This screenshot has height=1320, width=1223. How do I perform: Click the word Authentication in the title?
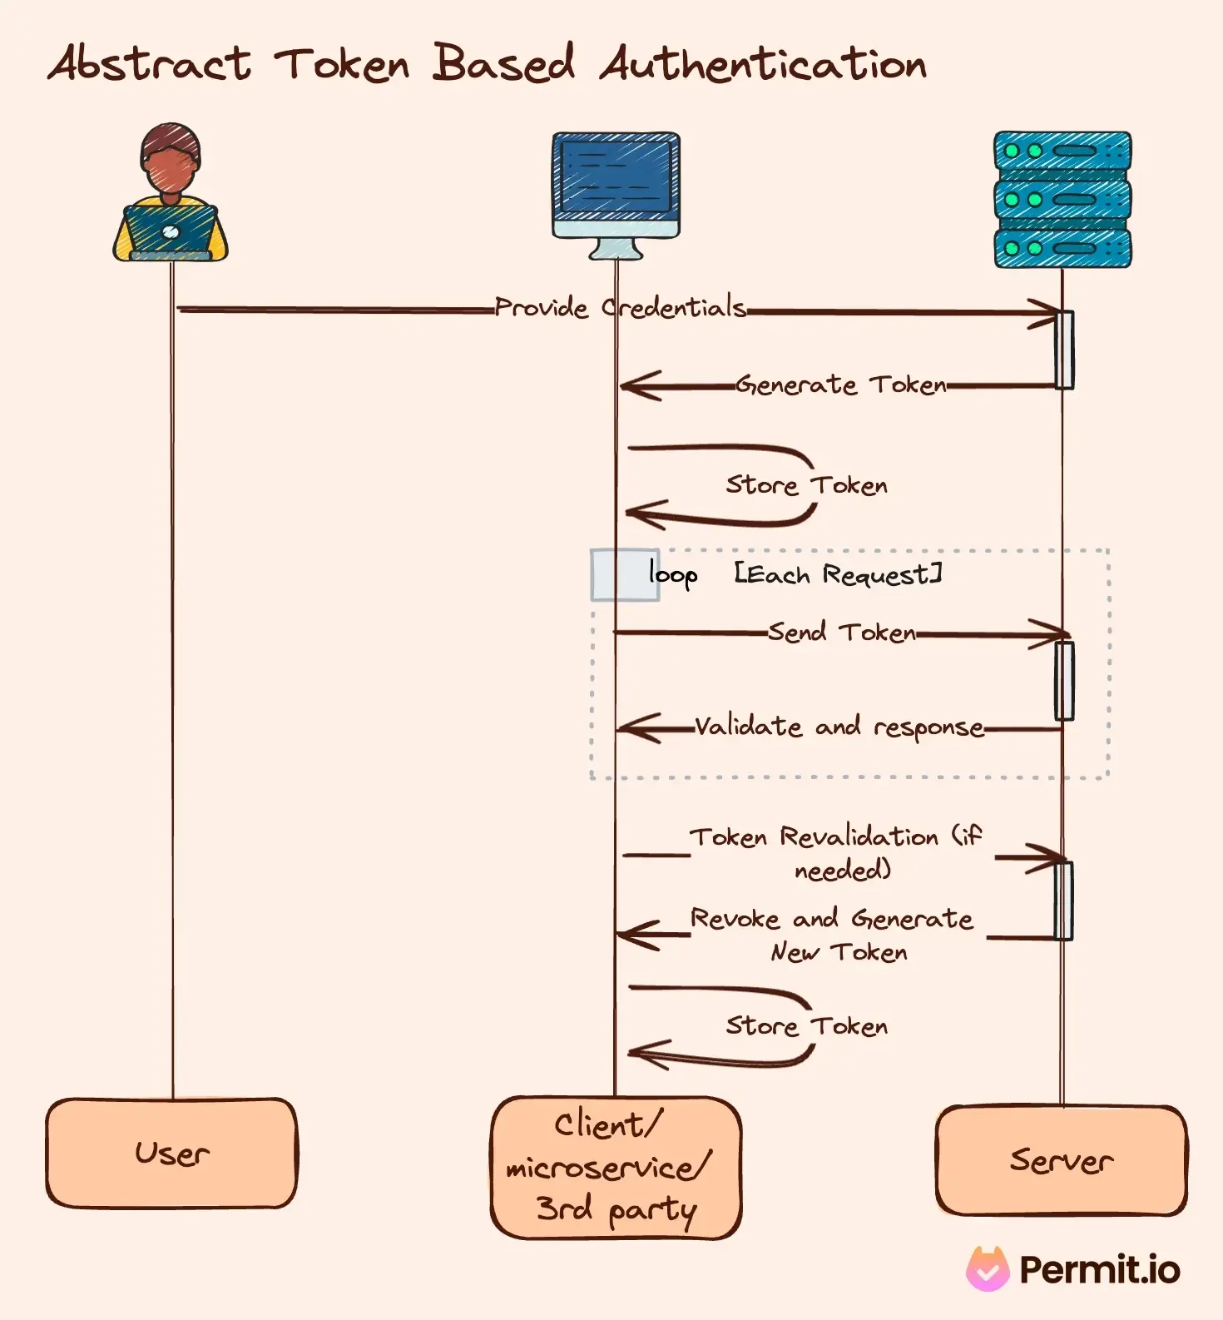763,65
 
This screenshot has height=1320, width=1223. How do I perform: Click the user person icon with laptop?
171,195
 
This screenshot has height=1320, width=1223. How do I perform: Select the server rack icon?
1062,200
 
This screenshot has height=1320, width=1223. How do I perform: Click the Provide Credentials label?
620,308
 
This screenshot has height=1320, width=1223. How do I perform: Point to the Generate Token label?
840,385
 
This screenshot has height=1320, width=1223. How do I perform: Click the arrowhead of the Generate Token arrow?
636,386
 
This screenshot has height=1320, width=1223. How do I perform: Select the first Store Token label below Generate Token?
806,485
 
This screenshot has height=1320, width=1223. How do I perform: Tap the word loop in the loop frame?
672,575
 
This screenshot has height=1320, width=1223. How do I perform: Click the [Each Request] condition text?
838,574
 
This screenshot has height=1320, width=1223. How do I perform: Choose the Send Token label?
841,633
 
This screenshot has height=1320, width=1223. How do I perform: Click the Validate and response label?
839,727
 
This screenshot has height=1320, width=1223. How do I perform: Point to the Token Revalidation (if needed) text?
837,852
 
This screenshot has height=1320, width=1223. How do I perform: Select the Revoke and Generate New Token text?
833,935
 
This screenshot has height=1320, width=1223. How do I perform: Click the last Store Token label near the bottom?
806,1026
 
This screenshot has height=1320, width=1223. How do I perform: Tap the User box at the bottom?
171,1154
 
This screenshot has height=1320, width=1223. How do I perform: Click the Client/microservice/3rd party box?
616,1167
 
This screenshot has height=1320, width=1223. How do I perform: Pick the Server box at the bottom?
1061,1160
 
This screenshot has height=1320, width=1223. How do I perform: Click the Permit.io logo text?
1098,1270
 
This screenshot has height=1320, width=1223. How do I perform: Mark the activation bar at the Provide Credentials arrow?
1064,350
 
